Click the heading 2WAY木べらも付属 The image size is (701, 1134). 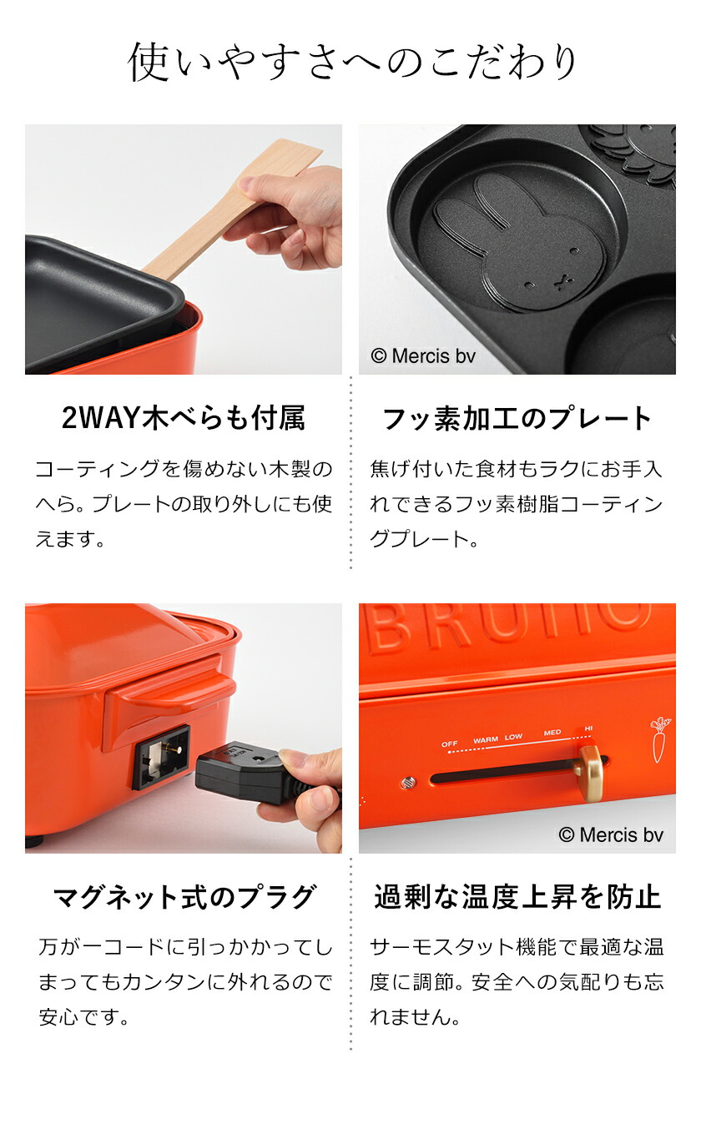(x=184, y=418)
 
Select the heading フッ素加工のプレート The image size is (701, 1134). (x=517, y=418)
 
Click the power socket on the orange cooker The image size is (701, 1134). (x=160, y=756)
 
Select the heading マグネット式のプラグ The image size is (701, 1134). (x=184, y=897)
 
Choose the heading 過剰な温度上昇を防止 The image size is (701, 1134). (x=517, y=897)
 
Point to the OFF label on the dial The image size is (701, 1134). (x=450, y=743)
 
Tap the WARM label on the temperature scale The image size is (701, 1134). (x=485, y=739)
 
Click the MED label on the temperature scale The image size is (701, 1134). (x=552, y=733)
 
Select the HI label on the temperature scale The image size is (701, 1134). (x=589, y=728)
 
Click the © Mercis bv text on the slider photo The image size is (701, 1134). (x=610, y=834)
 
